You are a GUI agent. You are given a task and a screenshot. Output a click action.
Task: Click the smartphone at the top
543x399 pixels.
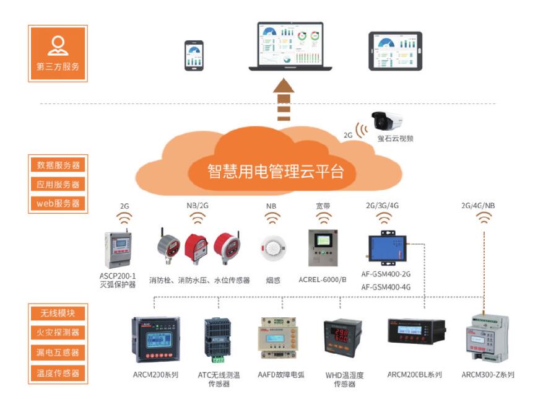193,55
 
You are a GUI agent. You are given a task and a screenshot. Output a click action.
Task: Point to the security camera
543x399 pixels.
388,120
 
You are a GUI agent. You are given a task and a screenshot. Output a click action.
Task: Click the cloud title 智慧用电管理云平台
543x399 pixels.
276,171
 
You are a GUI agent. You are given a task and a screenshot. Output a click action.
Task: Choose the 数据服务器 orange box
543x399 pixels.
58,165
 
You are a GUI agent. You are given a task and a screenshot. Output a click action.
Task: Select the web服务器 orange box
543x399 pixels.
58,203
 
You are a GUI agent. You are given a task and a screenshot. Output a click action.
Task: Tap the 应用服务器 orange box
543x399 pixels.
58,185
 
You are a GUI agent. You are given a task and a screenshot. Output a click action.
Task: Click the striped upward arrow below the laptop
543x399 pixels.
283,99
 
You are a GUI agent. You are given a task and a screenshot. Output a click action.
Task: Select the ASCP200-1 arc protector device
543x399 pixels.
120,250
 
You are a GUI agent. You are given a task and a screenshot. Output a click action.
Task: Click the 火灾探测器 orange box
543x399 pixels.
58,333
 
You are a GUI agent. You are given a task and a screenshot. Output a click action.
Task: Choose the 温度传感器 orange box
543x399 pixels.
58,373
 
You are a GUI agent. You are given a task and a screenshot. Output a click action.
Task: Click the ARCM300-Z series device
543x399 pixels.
486,340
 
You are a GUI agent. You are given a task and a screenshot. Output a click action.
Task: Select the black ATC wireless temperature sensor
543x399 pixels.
218,338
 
